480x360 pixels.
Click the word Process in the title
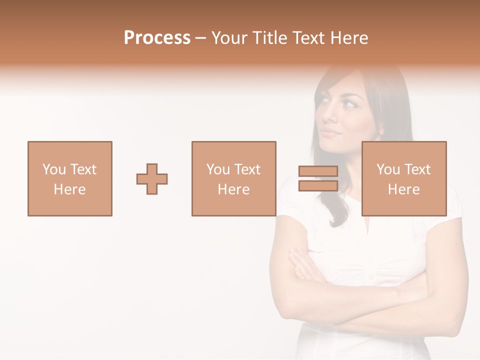[157, 37]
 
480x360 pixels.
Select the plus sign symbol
[152, 178]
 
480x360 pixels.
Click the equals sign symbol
[318, 178]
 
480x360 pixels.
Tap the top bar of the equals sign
[318, 171]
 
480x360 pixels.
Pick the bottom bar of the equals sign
[318, 185]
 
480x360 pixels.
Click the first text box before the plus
[70, 178]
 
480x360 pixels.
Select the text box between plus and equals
[233, 178]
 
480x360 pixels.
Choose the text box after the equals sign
[404, 178]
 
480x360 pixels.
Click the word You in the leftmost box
[54, 169]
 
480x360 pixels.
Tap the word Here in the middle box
[233, 189]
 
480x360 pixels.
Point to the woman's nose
[326, 118]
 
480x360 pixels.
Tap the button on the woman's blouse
[371, 276]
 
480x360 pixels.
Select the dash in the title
[200, 38]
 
